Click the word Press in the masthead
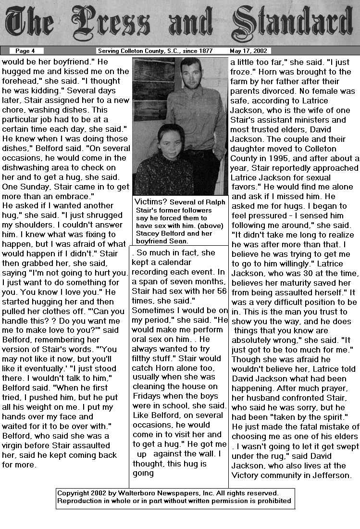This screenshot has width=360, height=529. tap(113, 25)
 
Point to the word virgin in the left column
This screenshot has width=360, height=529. tap(14, 446)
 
